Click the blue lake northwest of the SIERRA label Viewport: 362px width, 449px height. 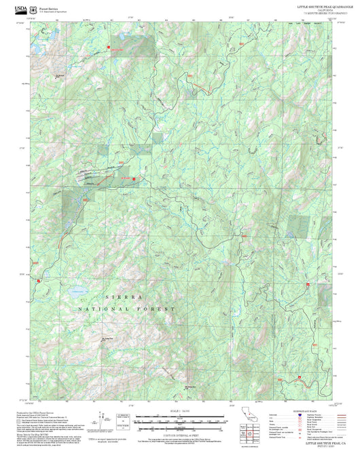(75, 294)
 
